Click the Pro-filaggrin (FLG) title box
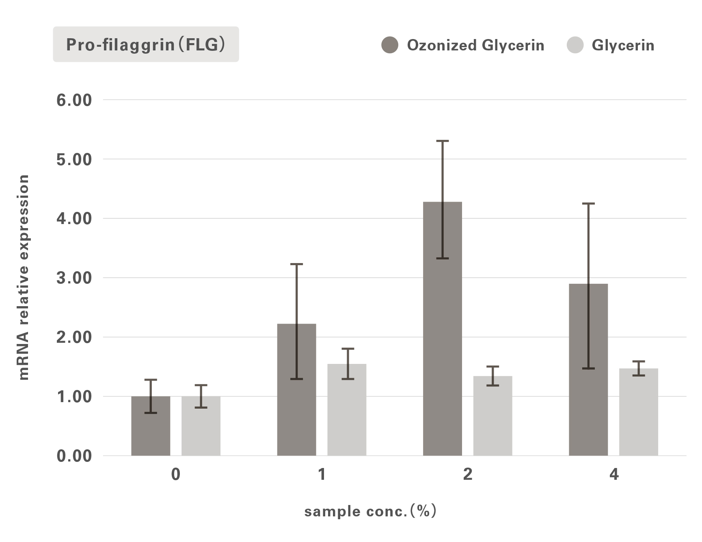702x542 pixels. click(x=146, y=44)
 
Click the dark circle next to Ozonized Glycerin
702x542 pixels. click(x=390, y=45)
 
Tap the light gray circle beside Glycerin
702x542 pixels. click(x=575, y=45)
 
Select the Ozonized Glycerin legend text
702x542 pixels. click(x=475, y=45)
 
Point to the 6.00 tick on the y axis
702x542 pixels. click(x=74, y=100)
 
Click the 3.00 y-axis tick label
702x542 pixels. click(x=74, y=278)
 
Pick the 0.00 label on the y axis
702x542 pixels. click(x=74, y=456)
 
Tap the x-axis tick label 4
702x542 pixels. click(x=613, y=474)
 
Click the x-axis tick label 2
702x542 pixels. click(x=468, y=474)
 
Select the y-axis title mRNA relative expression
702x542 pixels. click(x=24, y=277)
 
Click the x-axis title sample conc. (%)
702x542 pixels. click(x=370, y=511)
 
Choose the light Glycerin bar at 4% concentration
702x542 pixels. click(x=638, y=415)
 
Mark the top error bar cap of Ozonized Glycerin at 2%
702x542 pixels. click(x=443, y=141)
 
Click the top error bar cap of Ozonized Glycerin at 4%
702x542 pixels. click(x=588, y=203)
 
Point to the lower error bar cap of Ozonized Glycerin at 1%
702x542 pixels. click(x=296, y=379)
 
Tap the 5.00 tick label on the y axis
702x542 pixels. click(x=74, y=159)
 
